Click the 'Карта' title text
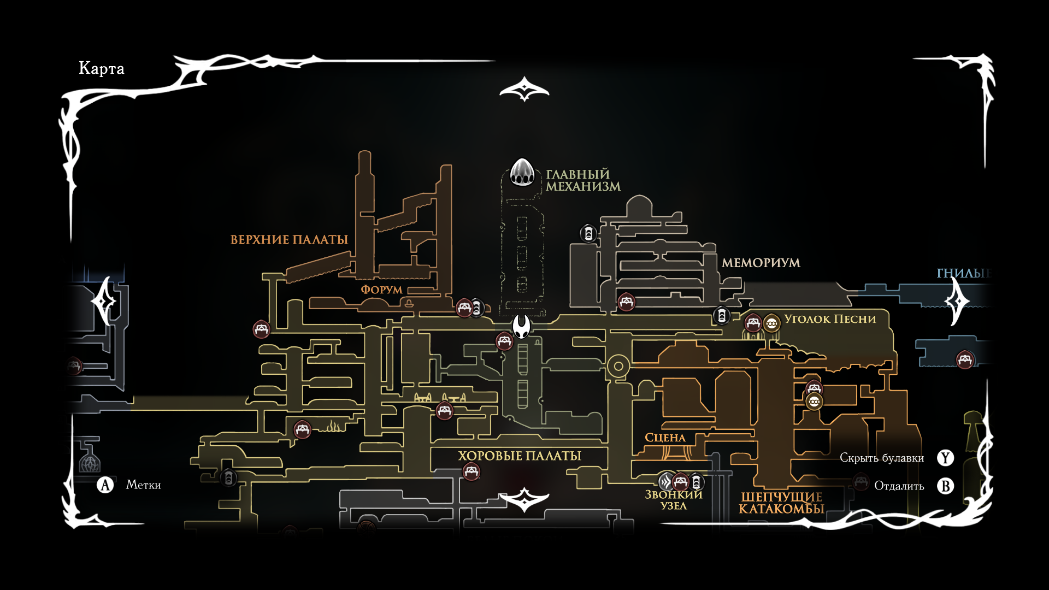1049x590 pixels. [102, 68]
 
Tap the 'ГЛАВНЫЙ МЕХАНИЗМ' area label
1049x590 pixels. [583, 180]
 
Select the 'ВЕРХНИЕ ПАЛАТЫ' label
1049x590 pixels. [289, 240]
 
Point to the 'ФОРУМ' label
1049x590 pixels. [381, 290]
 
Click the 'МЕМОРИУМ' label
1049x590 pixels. [761, 263]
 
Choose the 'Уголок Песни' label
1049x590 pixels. [829, 319]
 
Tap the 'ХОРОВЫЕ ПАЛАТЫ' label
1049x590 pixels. [519, 456]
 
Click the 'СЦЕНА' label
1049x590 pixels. [665, 438]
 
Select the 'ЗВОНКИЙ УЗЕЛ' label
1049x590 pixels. [673, 500]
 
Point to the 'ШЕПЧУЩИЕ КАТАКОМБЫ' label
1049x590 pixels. [781, 503]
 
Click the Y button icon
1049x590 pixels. [945, 458]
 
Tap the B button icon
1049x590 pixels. [945, 486]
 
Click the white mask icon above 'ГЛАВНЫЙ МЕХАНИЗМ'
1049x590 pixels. [522, 172]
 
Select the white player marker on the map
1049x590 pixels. [522, 327]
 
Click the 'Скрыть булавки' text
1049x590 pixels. [881, 458]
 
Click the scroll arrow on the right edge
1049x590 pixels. [958, 301]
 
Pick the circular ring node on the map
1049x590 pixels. [618, 366]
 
